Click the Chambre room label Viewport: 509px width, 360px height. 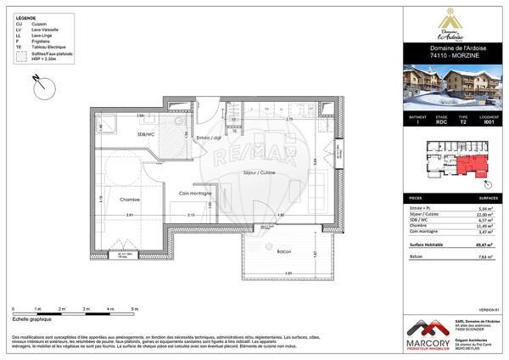[x=130, y=201]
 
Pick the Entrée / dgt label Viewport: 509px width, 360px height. [x=209, y=138]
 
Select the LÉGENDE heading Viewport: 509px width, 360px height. [x=25, y=16]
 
